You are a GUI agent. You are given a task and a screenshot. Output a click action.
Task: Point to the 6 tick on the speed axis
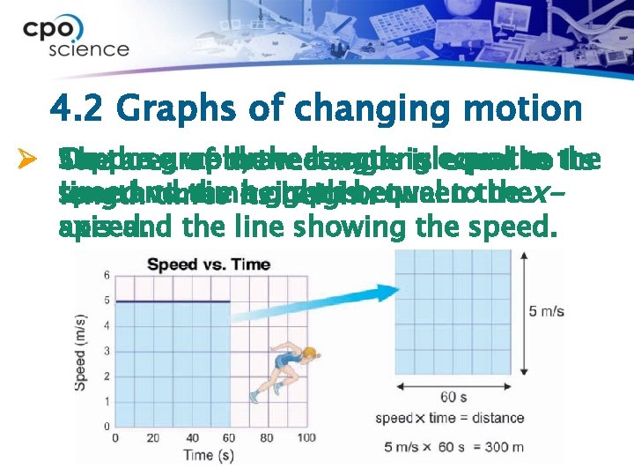[107, 276]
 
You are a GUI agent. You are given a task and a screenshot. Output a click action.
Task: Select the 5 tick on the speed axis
[107, 301]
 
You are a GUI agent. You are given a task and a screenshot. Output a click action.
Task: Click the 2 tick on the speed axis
[107, 376]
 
